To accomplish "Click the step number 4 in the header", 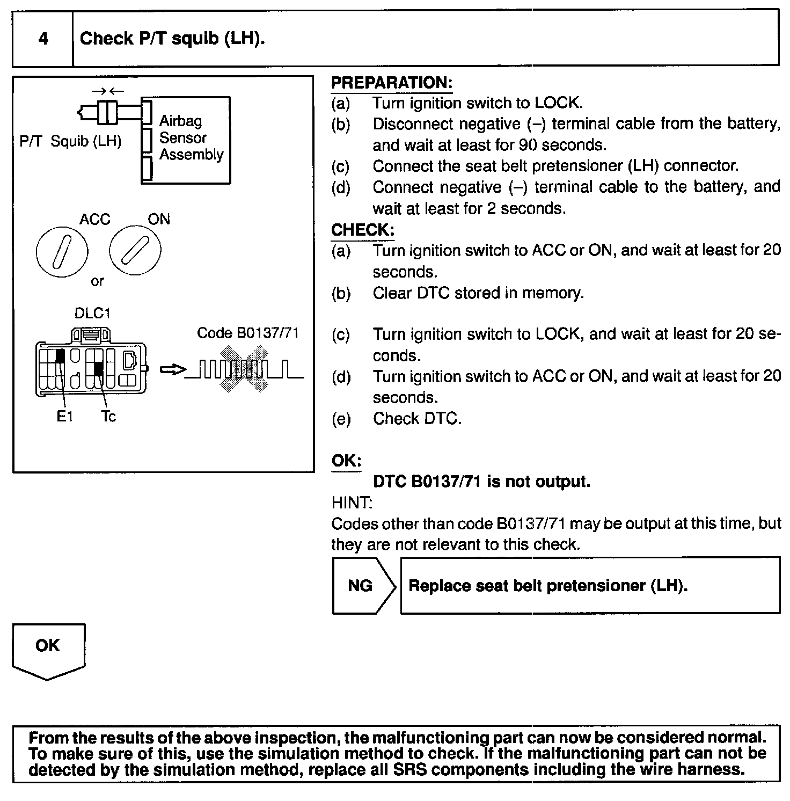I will (x=43, y=39).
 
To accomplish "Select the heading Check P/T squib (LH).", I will (x=172, y=39).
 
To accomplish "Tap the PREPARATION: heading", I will (x=392, y=83).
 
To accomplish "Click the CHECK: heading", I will (x=363, y=230).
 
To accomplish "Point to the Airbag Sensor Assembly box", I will (x=186, y=140).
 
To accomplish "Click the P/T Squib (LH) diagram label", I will (x=70, y=141).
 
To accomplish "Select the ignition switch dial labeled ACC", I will (x=62, y=251).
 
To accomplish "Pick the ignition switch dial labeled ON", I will (x=135, y=251).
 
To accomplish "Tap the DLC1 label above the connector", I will (x=92, y=313).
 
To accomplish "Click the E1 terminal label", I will (x=64, y=417).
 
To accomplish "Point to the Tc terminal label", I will (x=108, y=417).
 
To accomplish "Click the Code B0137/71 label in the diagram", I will (x=247, y=333).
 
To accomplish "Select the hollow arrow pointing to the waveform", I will (x=173, y=369).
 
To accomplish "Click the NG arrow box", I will (x=363, y=585).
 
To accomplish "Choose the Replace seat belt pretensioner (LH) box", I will (x=590, y=585).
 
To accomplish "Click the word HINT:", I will (x=352, y=503).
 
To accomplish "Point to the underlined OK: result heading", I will (x=346, y=461).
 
